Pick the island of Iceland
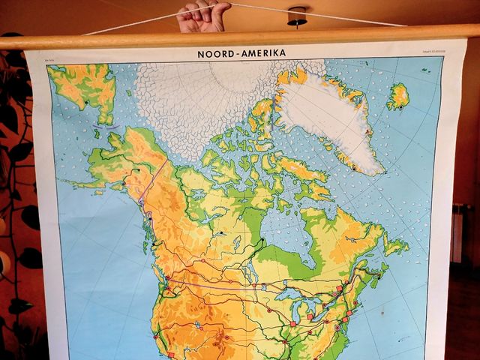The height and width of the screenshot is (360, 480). point(397,96)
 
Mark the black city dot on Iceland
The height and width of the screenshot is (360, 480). point(400,107)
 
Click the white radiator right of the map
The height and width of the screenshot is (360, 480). point(457,232)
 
